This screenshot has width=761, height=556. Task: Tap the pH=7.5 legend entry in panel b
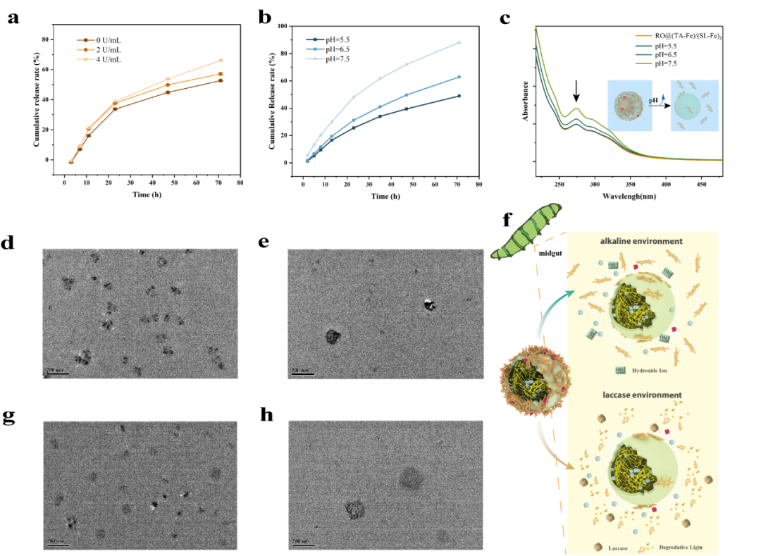click(x=334, y=59)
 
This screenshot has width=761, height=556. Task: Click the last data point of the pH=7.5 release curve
click(x=459, y=42)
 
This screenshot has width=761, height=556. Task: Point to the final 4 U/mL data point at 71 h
click(x=221, y=61)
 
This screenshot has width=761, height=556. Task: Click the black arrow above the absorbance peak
click(x=576, y=91)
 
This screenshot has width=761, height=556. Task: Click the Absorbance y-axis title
click(x=526, y=101)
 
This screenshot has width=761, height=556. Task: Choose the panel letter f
click(x=507, y=220)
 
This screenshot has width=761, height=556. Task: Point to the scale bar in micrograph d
click(x=56, y=371)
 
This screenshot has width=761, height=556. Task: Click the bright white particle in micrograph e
click(x=428, y=304)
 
